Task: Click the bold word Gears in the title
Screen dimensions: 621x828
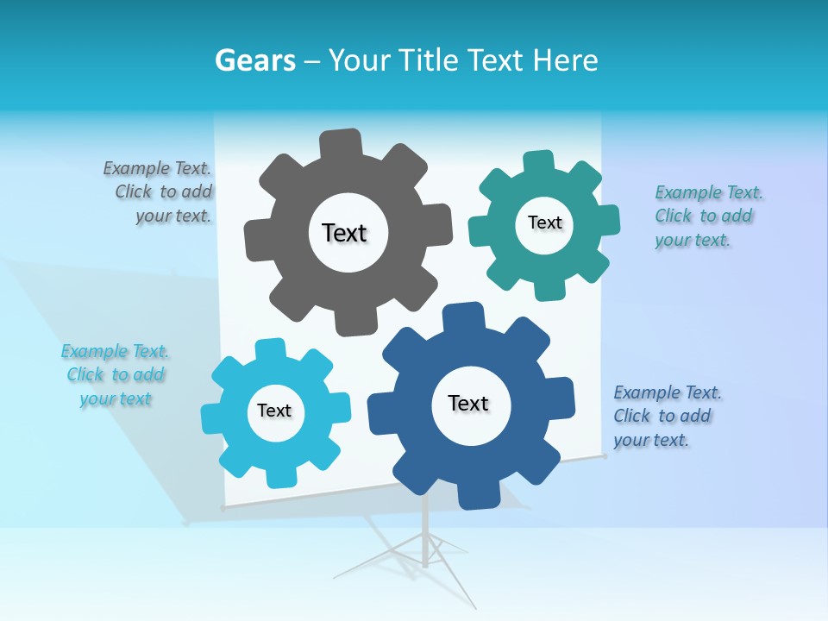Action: [254, 60]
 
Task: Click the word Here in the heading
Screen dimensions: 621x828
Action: [565, 60]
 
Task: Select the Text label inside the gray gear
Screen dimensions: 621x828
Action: [345, 233]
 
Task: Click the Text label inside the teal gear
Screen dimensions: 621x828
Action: [544, 223]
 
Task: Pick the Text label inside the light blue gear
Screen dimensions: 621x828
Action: [274, 411]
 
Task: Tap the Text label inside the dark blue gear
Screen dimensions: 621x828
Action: [468, 403]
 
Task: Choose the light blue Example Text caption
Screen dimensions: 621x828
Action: [115, 374]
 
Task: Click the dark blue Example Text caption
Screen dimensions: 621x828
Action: [666, 416]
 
